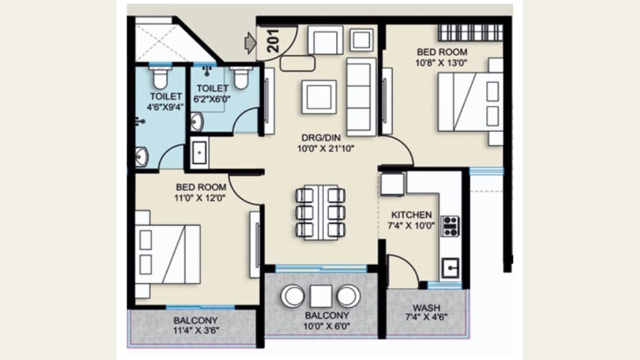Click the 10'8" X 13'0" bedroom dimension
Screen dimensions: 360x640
[x=442, y=62]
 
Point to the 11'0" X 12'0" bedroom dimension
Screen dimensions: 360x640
[x=200, y=197]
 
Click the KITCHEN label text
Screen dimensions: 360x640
[x=411, y=215]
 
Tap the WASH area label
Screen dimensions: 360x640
[x=426, y=307]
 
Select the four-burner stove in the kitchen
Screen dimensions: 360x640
[x=450, y=226]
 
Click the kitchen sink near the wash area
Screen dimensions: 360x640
[x=450, y=268]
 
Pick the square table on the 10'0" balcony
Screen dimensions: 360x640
[x=320, y=296]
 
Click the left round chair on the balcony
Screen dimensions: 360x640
[x=293, y=296]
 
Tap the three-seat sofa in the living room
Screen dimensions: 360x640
[x=361, y=96]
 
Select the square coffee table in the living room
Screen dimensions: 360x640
[x=318, y=97]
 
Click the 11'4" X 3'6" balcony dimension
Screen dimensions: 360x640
[x=196, y=330]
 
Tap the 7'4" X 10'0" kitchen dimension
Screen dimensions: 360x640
[x=411, y=225]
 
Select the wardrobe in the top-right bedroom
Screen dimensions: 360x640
[x=470, y=32]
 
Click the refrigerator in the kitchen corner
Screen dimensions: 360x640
[x=392, y=184]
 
